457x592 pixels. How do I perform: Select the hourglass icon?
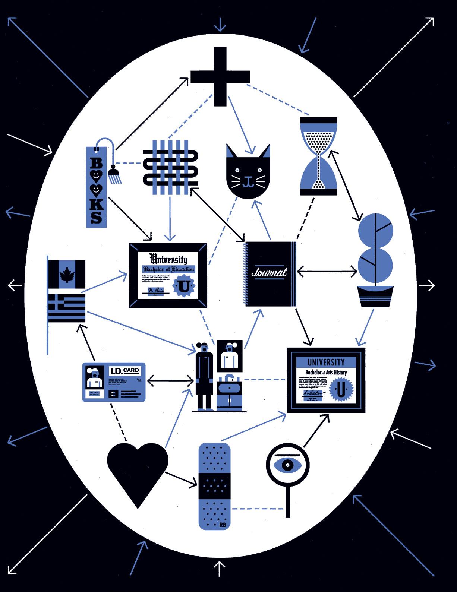pyautogui.click(x=319, y=156)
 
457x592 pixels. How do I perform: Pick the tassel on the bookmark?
pyautogui.click(x=112, y=175)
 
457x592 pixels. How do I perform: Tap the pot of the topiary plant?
pyautogui.click(x=375, y=296)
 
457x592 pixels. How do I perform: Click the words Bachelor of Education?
pyautogui.click(x=168, y=269)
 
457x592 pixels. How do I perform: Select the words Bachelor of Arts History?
pyautogui.click(x=326, y=372)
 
